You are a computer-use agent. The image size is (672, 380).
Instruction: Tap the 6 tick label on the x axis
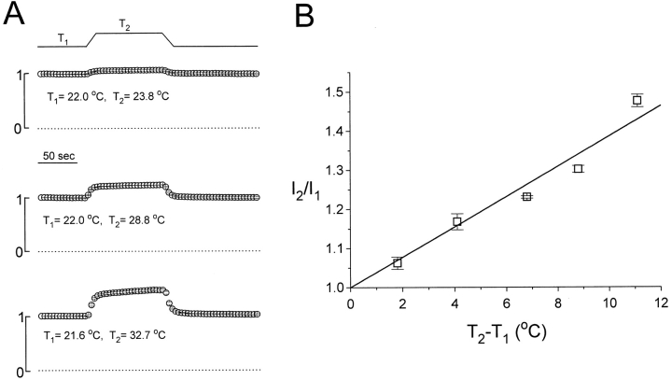click(506, 303)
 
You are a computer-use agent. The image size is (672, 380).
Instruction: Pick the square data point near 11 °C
click(637, 100)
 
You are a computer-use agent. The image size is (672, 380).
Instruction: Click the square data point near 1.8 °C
click(398, 263)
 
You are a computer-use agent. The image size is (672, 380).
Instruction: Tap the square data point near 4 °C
click(456, 221)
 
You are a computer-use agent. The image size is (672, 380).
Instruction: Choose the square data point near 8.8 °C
click(579, 169)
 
